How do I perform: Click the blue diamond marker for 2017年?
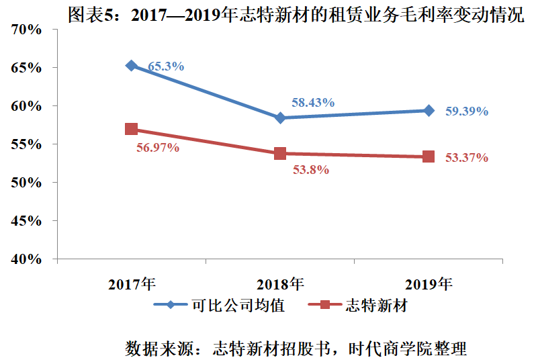coord(132,66)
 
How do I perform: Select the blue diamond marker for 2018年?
coord(280,118)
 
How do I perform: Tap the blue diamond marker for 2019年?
coord(429,111)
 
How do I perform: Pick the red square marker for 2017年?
coord(132,129)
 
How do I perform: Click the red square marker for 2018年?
coord(280,153)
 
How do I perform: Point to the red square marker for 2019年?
coord(429,156)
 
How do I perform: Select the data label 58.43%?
coord(313,103)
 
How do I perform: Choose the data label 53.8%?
coord(310,170)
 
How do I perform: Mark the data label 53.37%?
coord(466,158)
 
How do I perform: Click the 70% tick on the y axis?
coord(27,30)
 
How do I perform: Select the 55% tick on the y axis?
coord(27,144)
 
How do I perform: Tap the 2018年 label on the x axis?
coord(280,283)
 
